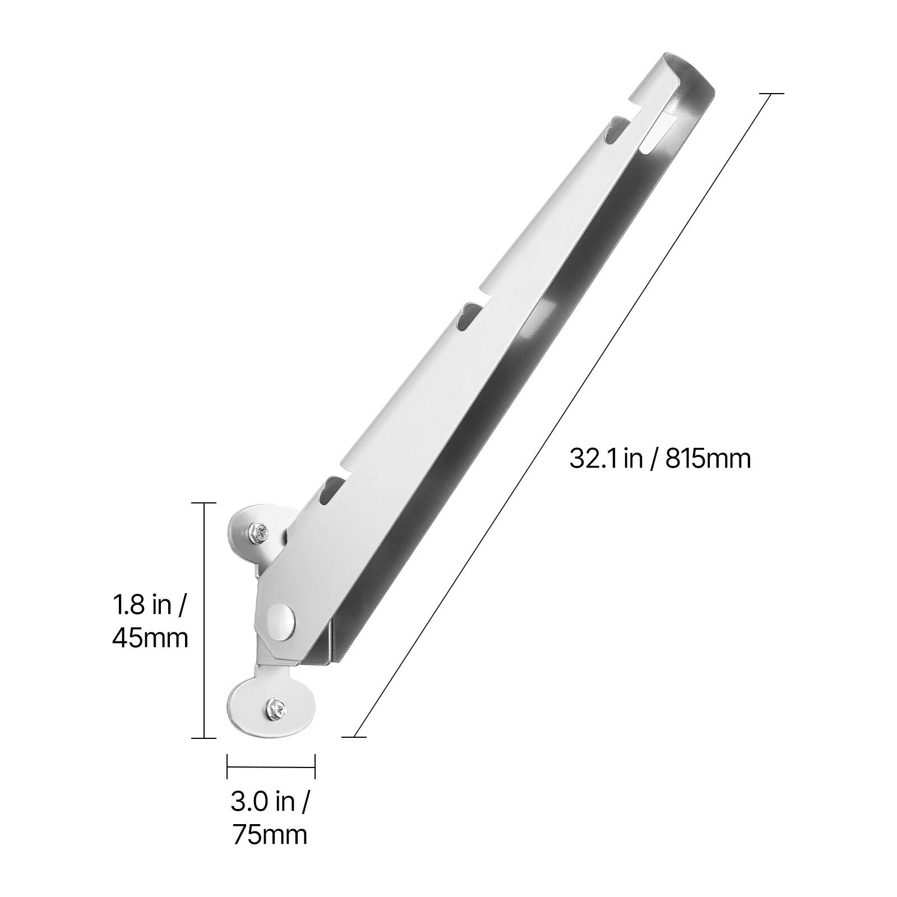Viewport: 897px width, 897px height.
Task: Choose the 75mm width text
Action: tap(270, 835)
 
